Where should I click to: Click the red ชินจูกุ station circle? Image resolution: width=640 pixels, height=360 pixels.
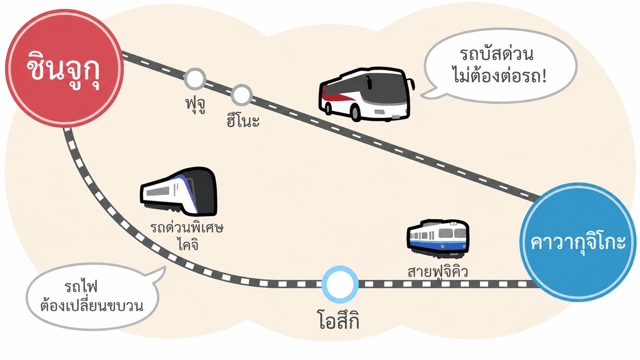pyautogui.click(x=65, y=68)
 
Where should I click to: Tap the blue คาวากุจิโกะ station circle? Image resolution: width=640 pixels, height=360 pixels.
pyautogui.click(x=578, y=242)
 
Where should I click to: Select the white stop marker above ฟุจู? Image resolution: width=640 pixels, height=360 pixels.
pyautogui.click(x=195, y=79)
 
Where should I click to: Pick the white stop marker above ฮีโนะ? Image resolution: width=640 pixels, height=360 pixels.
pyautogui.click(x=242, y=95)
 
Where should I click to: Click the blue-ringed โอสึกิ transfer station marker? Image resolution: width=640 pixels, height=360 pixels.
pyautogui.click(x=340, y=284)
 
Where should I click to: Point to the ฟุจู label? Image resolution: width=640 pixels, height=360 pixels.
pyautogui.click(x=196, y=105)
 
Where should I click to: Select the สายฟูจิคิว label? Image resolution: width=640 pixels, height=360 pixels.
pyautogui.click(x=438, y=272)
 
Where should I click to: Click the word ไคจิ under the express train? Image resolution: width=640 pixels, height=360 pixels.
pyautogui.click(x=188, y=244)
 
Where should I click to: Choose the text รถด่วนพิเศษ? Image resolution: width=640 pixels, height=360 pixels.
pyautogui.click(x=187, y=228)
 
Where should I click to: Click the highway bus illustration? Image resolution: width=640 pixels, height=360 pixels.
pyautogui.click(x=367, y=94)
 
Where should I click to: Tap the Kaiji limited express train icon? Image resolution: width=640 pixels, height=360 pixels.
pyautogui.click(x=179, y=192)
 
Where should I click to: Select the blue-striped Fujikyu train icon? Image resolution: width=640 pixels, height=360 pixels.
pyautogui.click(x=438, y=239)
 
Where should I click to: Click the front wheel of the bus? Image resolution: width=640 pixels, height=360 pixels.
pyautogui.click(x=356, y=112)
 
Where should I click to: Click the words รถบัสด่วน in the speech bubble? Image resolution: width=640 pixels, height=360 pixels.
pyautogui.click(x=496, y=54)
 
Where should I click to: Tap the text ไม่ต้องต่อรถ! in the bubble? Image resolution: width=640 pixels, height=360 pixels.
pyautogui.click(x=500, y=76)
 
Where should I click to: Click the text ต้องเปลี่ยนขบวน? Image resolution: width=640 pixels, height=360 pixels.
pyautogui.click(x=92, y=305)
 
